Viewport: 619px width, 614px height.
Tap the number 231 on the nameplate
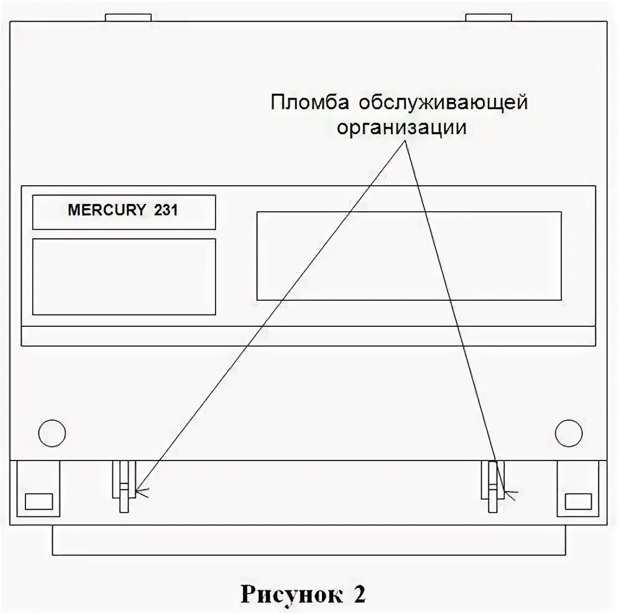(165, 211)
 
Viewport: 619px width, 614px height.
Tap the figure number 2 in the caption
(360, 594)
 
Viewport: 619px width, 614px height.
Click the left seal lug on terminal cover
(124, 488)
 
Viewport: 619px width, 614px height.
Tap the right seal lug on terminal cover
(494, 488)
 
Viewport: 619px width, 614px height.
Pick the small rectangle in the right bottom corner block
(577, 501)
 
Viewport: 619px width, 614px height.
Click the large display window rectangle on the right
(409, 256)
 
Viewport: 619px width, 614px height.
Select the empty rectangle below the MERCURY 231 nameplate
(124, 277)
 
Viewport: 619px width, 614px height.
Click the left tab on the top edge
(128, 17)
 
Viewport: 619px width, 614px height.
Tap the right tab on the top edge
(488, 17)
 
